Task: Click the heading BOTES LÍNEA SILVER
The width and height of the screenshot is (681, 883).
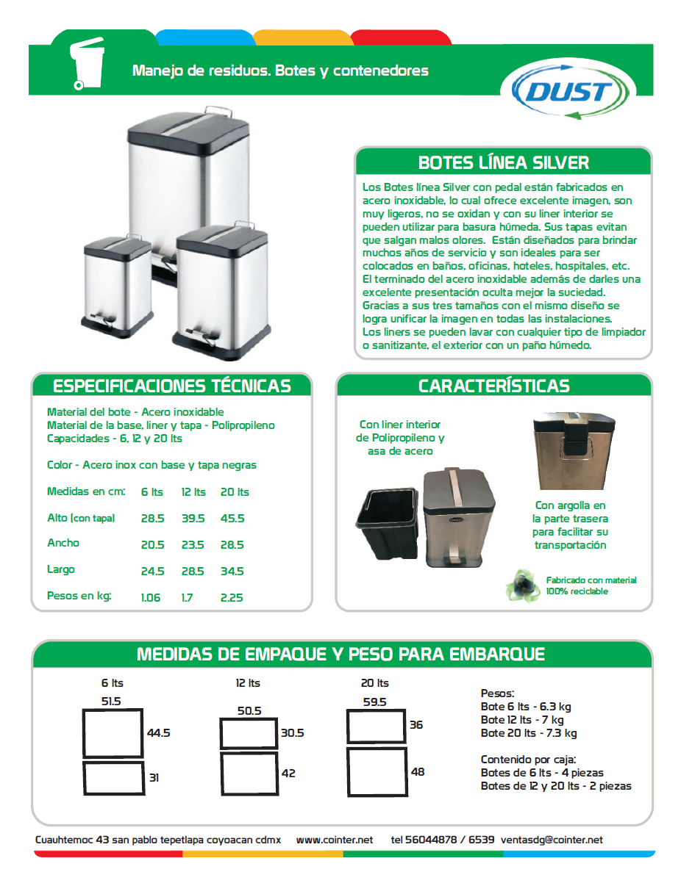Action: coord(503,162)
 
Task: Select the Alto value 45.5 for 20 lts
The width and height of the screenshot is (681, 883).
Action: coord(232,519)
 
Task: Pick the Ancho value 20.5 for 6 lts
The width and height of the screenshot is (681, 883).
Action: coord(152,545)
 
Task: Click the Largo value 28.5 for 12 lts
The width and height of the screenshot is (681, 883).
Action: coord(193,572)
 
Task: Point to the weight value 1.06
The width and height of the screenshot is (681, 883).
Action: coord(150,598)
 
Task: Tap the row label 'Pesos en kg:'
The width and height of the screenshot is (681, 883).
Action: coord(79,596)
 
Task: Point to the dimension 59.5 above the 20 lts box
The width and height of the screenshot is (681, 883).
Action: coord(374,702)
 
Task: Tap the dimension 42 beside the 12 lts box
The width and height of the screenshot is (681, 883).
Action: coord(288,773)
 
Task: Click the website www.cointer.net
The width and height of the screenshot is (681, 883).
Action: coord(335,840)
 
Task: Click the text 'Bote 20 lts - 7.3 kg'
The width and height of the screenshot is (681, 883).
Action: coord(529,733)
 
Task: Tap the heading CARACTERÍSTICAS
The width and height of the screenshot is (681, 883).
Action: coord(493,386)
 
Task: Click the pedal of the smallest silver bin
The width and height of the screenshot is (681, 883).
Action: coord(104,318)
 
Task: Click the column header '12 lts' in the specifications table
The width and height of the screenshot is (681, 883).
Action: coord(193,492)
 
